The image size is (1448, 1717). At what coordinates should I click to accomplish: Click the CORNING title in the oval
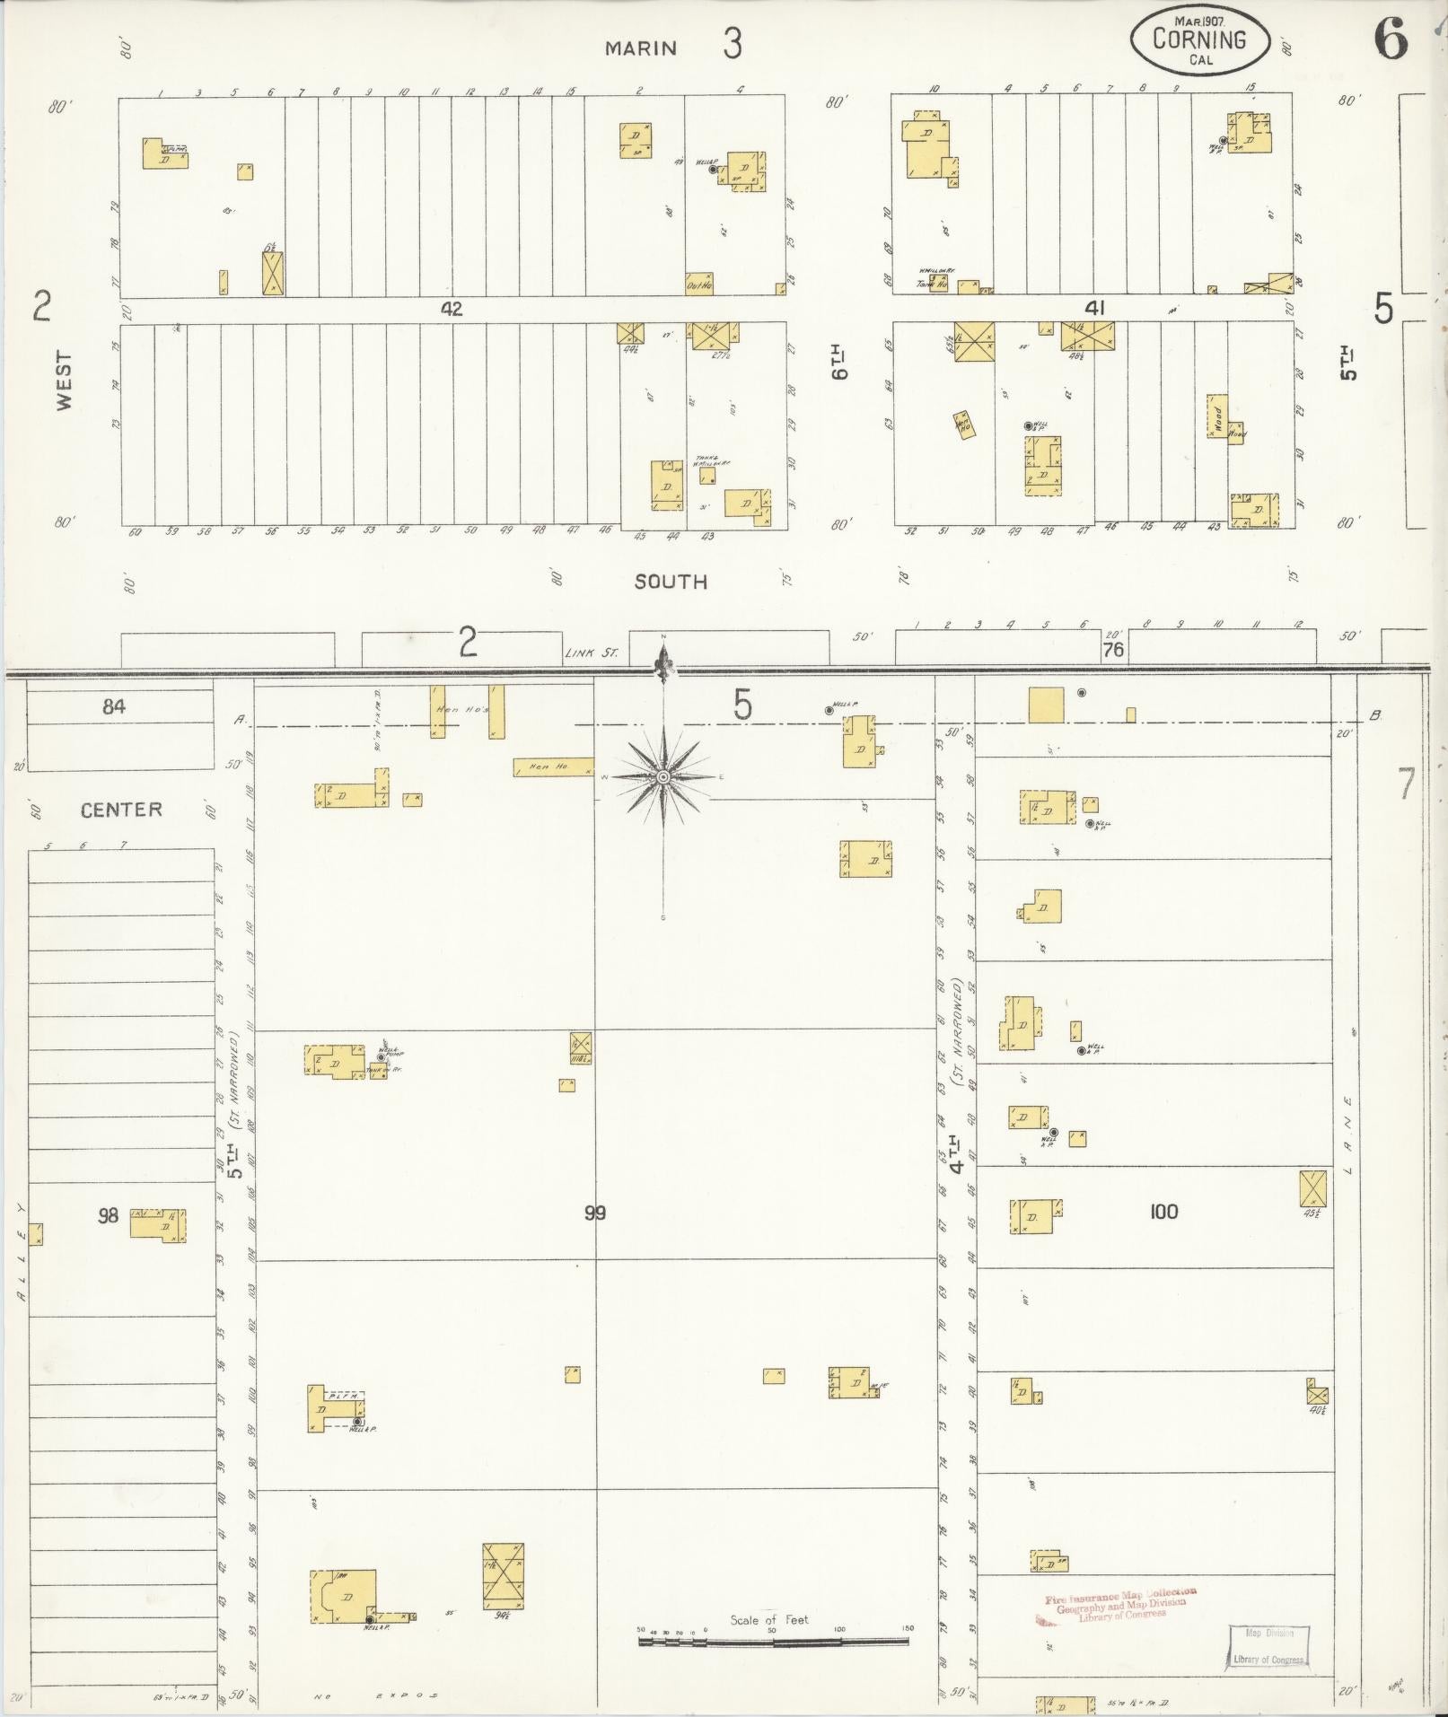1199,40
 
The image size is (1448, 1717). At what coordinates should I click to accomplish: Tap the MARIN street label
640,48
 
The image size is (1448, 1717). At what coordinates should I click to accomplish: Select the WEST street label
65,381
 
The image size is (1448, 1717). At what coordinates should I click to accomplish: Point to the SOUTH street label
671,582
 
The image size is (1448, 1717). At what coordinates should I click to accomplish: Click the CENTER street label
121,810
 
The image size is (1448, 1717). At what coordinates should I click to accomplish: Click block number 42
451,309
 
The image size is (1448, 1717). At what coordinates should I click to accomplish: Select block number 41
1093,309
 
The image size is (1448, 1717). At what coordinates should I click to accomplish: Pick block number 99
594,1213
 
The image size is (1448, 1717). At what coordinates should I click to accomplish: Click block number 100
1163,1212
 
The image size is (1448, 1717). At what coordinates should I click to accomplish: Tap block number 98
108,1216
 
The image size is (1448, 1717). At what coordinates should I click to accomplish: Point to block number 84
114,707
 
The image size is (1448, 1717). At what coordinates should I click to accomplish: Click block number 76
1113,650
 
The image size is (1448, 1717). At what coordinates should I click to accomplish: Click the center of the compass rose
663,776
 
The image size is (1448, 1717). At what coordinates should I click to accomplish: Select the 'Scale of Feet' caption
768,1619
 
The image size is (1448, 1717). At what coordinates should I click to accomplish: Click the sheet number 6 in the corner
1390,39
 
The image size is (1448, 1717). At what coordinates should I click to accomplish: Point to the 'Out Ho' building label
698,285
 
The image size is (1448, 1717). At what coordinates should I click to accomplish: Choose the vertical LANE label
1347,1134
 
